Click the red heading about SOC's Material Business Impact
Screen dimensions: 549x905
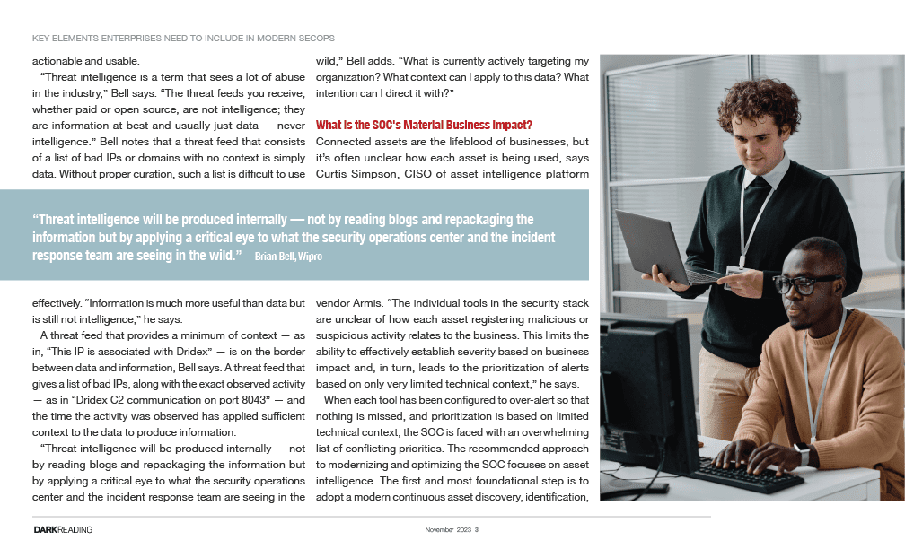pyautogui.click(x=425, y=126)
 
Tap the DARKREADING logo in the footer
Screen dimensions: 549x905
pyautogui.click(x=63, y=530)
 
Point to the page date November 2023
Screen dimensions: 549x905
pyautogui.click(x=448, y=530)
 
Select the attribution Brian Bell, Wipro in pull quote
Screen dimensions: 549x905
pyautogui.click(x=285, y=257)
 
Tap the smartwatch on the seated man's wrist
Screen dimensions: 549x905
pyautogui.click(x=803, y=456)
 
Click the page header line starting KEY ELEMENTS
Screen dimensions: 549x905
pyautogui.click(x=183, y=39)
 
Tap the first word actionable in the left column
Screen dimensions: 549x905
pyautogui.click(x=60, y=61)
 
